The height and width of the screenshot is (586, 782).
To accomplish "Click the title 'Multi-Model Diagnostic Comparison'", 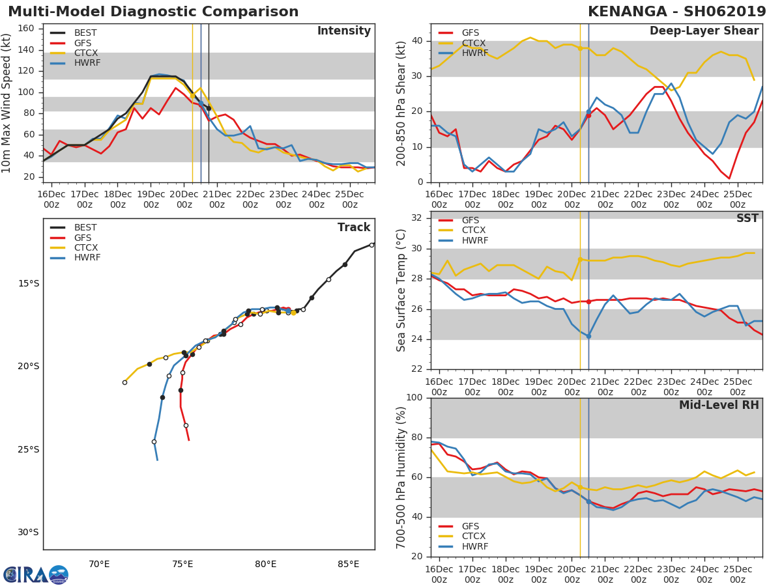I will click(x=153, y=12).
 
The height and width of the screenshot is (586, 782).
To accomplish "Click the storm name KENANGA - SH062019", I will click(x=676, y=12).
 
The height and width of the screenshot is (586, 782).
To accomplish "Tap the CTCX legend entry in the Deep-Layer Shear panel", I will click(x=473, y=43).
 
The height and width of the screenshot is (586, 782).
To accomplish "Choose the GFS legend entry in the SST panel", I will click(x=470, y=220).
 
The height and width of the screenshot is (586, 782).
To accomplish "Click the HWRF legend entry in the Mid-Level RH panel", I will click(x=474, y=546).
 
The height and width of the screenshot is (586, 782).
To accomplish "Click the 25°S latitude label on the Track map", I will click(x=28, y=449).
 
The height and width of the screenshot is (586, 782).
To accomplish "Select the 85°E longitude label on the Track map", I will click(x=349, y=564).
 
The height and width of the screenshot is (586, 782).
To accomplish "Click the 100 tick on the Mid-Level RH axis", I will click(x=414, y=398).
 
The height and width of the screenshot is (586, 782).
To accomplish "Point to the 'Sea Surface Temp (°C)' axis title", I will click(x=401, y=290).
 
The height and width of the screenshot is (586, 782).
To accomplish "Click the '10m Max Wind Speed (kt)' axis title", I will click(x=7, y=102).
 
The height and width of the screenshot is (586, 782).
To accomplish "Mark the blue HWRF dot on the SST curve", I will click(x=588, y=336).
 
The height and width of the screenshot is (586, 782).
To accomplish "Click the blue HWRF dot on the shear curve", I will click(x=588, y=112).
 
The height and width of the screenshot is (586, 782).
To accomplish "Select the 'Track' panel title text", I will click(x=353, y=227).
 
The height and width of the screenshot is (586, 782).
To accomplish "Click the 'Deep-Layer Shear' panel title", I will click(x=704, y=31).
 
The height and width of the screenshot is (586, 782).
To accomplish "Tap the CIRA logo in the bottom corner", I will click(x=35, y=574).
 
